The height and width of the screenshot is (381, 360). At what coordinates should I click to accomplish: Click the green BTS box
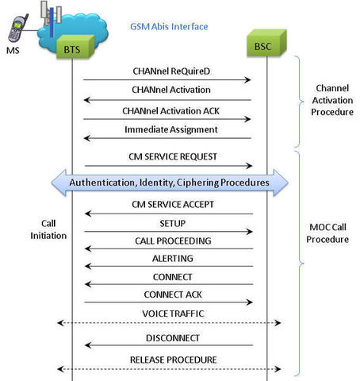tap(75, 47)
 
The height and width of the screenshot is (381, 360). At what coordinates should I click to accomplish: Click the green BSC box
tap(266, 43)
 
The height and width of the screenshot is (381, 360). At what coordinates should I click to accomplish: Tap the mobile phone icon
tap(17, 28)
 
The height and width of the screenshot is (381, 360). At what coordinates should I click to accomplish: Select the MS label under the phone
tap(13, 50)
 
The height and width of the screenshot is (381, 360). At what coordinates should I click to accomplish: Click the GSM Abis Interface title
tap(169, 26)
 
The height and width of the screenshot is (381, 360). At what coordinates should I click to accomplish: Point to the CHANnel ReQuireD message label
tap(171, 71)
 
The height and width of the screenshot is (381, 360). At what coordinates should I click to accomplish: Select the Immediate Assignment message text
tap(171, 129)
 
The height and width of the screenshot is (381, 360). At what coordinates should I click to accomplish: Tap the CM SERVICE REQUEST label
tap(173, 156)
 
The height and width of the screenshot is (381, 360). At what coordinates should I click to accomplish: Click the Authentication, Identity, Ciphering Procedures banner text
tap(170, 183)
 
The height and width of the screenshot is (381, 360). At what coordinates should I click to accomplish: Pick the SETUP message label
tap(173, 224)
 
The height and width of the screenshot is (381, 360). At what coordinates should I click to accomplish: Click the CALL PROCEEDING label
tap(173, 241)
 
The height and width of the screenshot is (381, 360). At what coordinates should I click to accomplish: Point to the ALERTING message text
tap(173, 259)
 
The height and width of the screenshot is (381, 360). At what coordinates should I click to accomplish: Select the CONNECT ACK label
tap(173, 294)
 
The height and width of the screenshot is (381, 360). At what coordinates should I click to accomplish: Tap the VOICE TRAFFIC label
tap(173, 314)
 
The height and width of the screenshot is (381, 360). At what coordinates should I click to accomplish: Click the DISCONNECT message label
tap(173, 338)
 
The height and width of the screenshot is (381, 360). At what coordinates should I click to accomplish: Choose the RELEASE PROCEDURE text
tap(174, 360)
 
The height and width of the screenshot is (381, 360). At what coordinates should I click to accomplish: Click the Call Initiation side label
tap(48, 229)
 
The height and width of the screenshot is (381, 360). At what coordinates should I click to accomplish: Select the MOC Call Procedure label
tap(327, 233)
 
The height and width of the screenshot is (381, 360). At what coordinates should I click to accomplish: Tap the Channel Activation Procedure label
tap(332, 100)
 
